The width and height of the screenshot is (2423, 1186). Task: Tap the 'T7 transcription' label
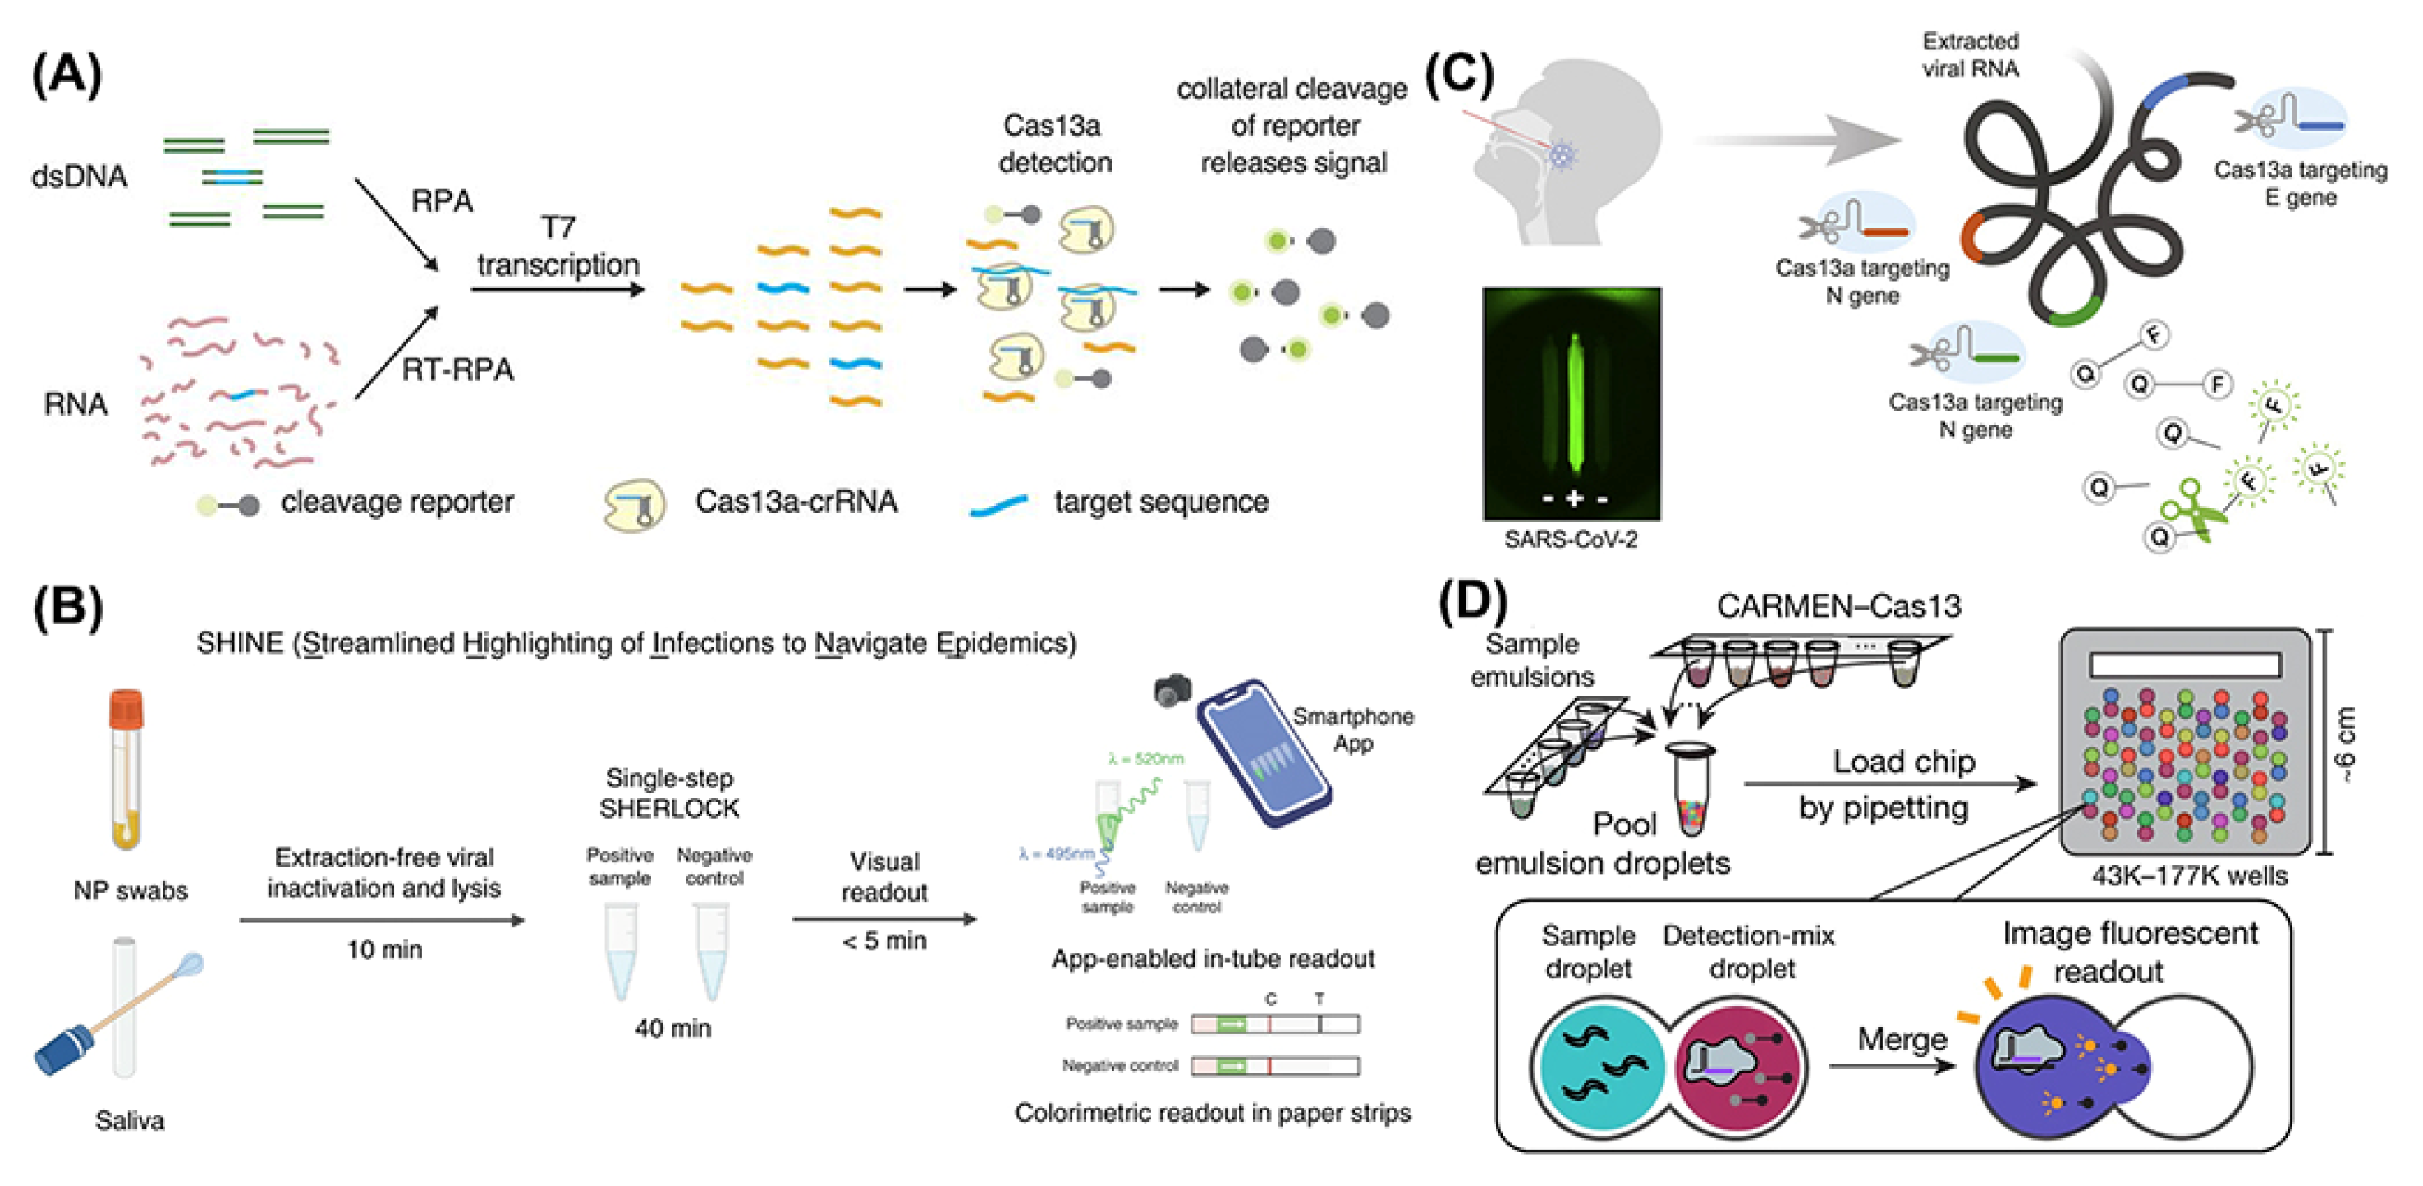pyautogui.click(x=558, y=247)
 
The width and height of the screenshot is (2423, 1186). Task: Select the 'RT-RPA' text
pyautogui.click(x=457, y=370)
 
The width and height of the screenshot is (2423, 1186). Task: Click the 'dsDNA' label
pyautogui.click(x=79, y=176)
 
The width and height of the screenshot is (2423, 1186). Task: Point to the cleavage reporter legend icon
pyautogui.click(x=227, y=505)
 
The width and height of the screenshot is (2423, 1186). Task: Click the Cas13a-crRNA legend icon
pyautogui.click(x=633, y=505)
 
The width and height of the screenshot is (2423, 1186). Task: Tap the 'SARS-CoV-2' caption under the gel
pyautogui.click(x=1570, y=540)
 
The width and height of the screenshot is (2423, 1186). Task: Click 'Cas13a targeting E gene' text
pyautogui.click(x=2300, y=183)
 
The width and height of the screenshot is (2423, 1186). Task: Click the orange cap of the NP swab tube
pyautogui.click(x=126, y=709)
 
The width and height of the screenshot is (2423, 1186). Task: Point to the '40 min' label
pyautogui.click(x=672, y=1028)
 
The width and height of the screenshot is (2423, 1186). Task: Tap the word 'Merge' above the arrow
pyautogui.click(x=1901, y=1039)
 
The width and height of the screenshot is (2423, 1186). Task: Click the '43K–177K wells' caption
pyautogui.click(x=2189, y=876)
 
